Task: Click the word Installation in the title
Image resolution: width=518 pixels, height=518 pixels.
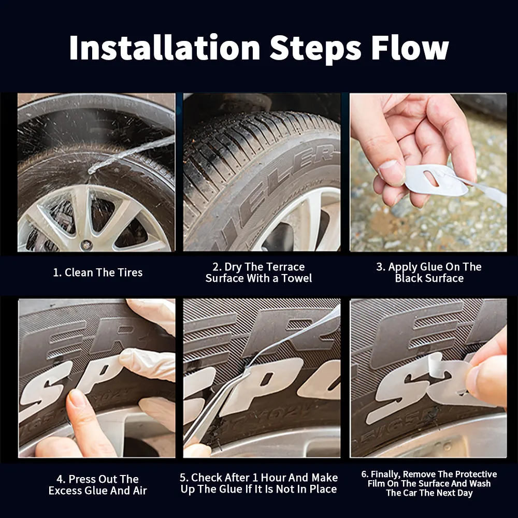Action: point(164,48)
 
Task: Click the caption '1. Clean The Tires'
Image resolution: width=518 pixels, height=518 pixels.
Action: point(98,272)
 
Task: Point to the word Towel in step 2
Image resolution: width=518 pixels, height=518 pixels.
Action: point(297,279)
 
